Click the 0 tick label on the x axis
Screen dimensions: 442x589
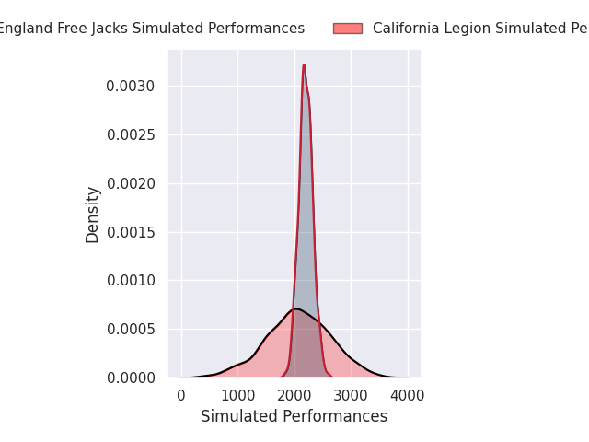181,395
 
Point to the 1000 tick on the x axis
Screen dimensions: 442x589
238,395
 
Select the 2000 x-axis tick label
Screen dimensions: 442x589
294,395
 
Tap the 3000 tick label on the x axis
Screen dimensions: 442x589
351,395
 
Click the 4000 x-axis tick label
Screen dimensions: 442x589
408,395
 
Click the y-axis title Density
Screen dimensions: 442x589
93,215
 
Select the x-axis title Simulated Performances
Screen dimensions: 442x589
294,416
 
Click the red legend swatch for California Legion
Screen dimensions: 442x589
348,29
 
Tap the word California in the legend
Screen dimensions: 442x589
406,29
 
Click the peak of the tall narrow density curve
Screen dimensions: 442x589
304,64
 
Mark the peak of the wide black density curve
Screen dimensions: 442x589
296,308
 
